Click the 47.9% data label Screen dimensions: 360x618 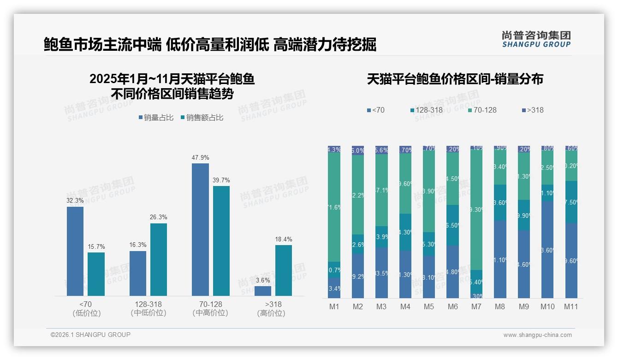[200, 157]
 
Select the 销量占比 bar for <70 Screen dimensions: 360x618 [75, 251]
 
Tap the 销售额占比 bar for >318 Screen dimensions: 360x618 [284, 270]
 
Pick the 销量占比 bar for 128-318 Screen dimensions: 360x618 [138, 273]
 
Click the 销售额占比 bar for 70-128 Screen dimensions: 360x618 [221, 240]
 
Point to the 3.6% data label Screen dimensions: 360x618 [263, 280]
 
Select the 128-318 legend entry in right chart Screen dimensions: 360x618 [426, 110]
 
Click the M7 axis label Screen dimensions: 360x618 [476, 306]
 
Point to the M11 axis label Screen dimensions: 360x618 [571, 306]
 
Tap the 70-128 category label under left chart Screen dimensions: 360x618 [210, 308]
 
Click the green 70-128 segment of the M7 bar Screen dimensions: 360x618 [476, 210]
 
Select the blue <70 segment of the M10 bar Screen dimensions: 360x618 [547, 249]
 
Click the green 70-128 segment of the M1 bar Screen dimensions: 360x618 [334, 207]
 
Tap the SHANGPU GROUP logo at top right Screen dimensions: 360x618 [536, 39]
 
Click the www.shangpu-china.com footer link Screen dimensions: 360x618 [537, 335]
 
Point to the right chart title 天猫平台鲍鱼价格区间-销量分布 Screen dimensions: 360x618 [455, 79]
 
